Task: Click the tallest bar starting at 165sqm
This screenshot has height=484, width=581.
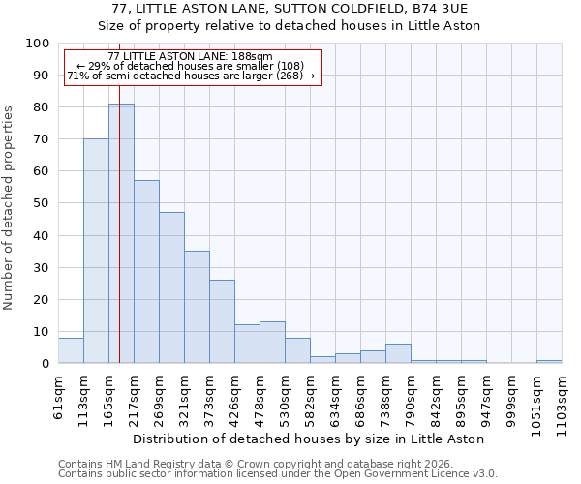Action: click(121, 233)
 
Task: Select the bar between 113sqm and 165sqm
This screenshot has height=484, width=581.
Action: click(96, 251)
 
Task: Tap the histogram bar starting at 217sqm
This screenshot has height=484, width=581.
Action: click(146, 272)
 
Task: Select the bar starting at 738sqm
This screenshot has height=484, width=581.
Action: click(398, 353)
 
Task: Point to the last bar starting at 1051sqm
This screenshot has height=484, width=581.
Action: click(549, 361)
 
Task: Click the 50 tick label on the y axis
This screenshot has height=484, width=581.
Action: click(41, 203)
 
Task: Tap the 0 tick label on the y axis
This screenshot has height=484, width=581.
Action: click(45, 364)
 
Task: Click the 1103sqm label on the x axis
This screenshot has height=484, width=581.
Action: click(562, 403)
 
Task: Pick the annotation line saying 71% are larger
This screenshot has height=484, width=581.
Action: click(191, 76)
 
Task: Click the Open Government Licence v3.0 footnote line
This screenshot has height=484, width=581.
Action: click(277, 473)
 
